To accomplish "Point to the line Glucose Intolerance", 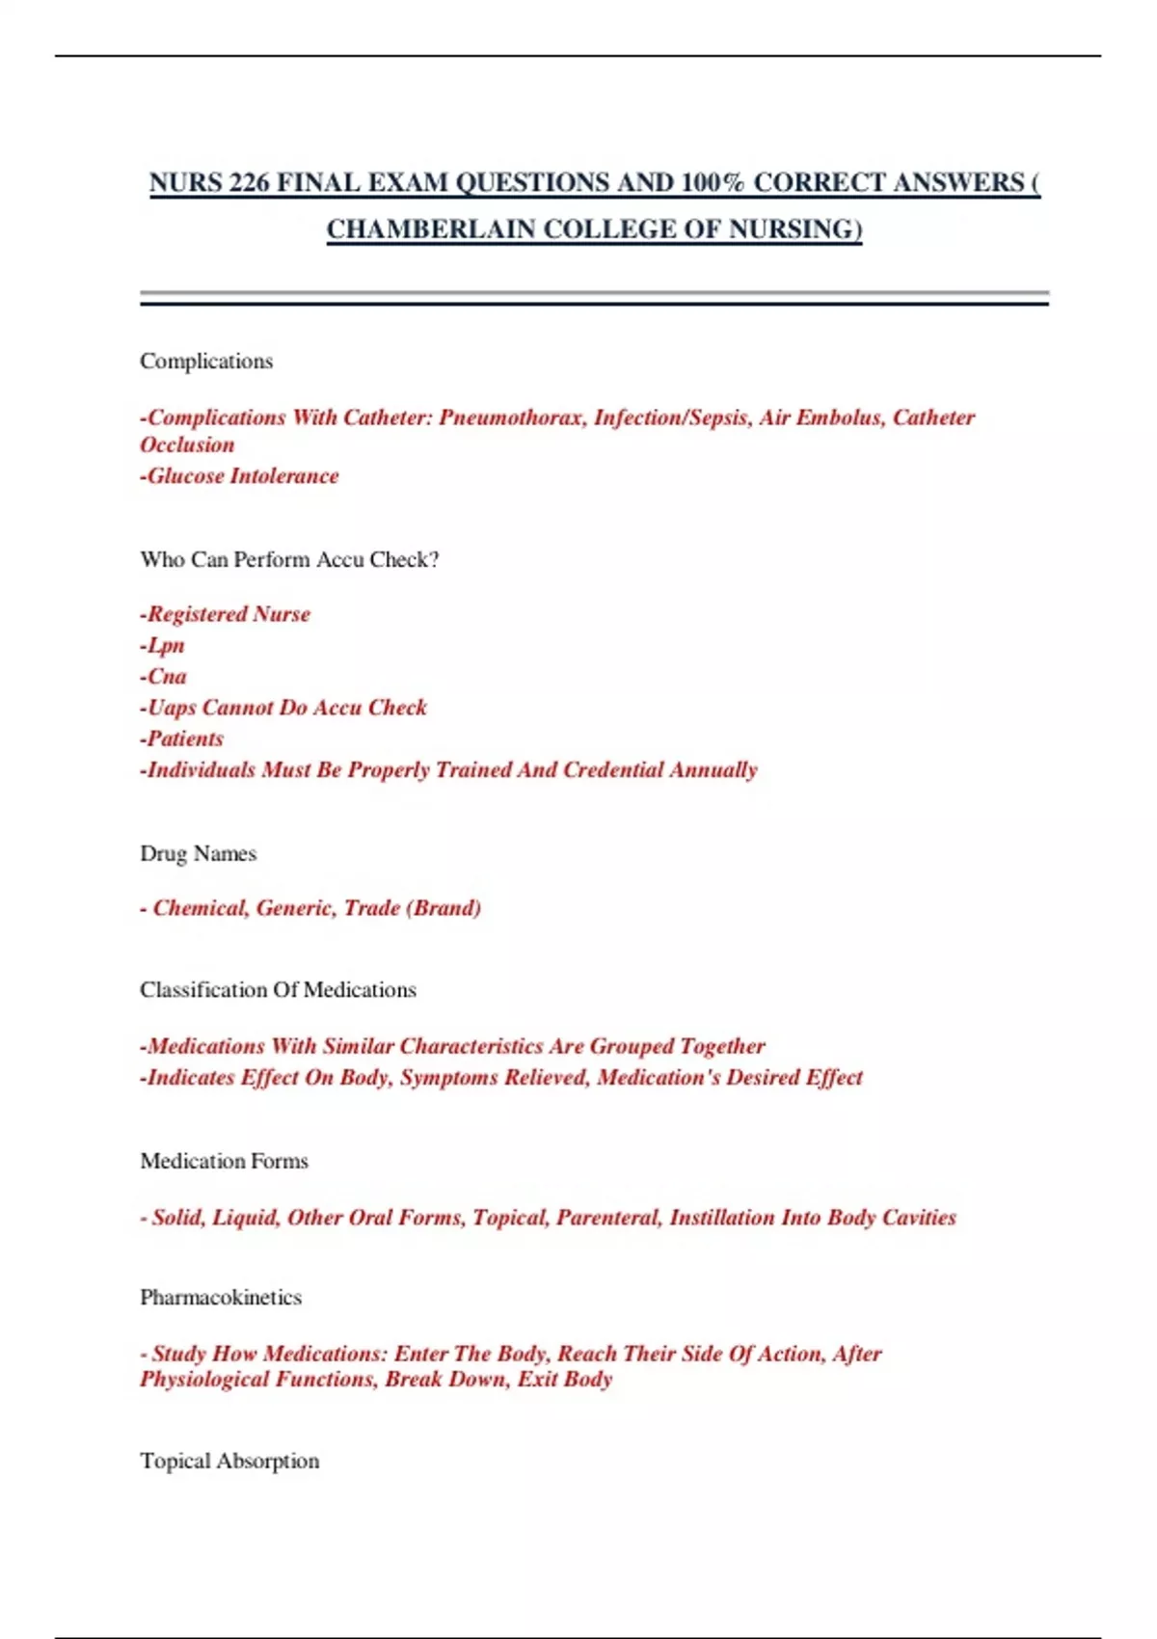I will (x=240, y=476).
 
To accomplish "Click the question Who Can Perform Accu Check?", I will (x=289, y=560).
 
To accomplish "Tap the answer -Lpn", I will (x=163, y=646).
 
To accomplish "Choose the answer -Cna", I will (x=164, y=677).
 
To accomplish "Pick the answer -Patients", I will (x=182, y=739).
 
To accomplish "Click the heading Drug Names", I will (x=199, y=854).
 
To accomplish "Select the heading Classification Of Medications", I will (x=278, y=990).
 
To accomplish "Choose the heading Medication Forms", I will (x=224, y=1162).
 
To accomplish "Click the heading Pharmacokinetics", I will (x=221, y=1298).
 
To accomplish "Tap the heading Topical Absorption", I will (x=229, y=1462).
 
